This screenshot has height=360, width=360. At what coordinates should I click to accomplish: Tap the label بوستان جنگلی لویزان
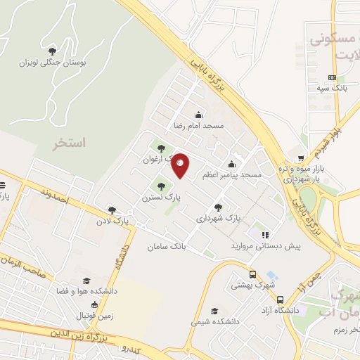pos(53,63)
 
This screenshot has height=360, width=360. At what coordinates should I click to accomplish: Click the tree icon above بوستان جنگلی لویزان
pos(53,51)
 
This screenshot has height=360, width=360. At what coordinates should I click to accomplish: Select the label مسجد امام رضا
pos(199,127)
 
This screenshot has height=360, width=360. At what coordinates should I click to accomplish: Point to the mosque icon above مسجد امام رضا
pos(199,115)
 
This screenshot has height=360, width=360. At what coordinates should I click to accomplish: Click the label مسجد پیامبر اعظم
pos(232,174)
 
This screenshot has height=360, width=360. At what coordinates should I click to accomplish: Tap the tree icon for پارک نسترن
pos(162,187)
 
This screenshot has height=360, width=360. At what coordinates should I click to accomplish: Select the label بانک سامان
pos(165,247)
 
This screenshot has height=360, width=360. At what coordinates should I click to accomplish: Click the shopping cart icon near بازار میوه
pos(301,158)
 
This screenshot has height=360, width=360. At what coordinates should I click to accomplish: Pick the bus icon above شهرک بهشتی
pos(252,276)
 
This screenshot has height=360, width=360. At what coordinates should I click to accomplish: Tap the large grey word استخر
pos(69,143)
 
